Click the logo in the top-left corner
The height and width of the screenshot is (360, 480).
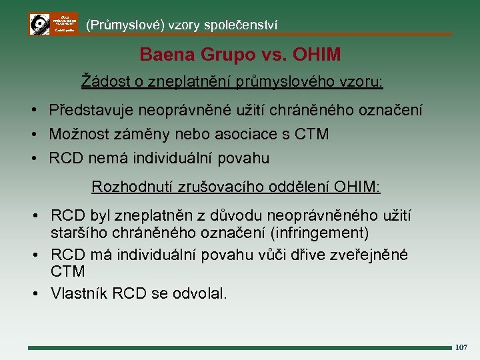click(53, 24)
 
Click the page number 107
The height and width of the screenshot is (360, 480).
click(461, 347)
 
